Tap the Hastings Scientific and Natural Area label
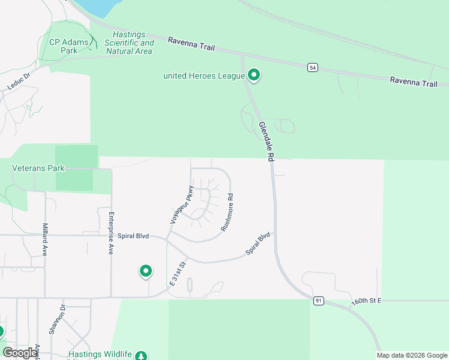pyautogui.click(x=129, y=43)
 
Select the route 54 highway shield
pyautogui.click(x=313, y=67)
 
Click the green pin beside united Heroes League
pyautogui.click(x=254, y=76)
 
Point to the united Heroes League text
pyautogui.click(x=204, y=76)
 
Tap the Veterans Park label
pyautogui.click(x=38, y=169)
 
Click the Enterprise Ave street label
pyautogui.click(x=111, y=233)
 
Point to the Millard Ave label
pyautogui.click(x=45, y=240)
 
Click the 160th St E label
pyautogui.click(x=367, y=300)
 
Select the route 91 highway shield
pyautogui.click(x=318, y=301)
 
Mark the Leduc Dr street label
pyautogui.click(x=19, y=82)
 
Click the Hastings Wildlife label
pyautogui.click(x=100, y=355)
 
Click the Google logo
pyautogui.click(x=20, y=353)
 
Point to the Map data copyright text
pyautogui.click(x=412, y=355)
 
